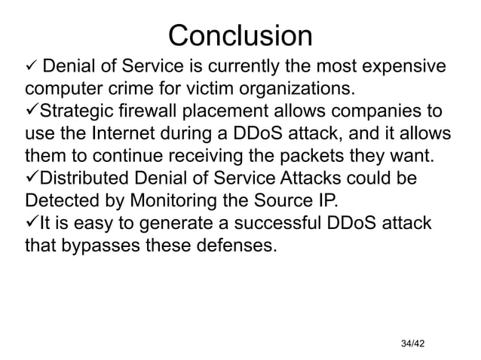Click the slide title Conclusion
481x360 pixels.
240,35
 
